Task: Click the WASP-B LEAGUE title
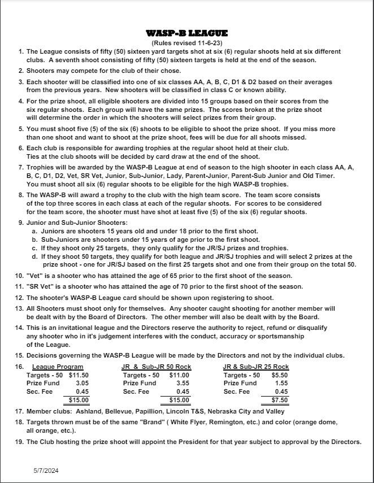pos(186,34)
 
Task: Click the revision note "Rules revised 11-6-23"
pos(186,43)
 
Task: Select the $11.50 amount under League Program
pos(79,375)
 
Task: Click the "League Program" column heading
pos(58,367)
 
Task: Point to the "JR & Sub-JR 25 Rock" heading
pos(256,367)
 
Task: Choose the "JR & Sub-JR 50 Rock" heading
pos(156,367)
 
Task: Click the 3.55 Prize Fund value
pos(182,383)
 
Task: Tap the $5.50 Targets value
pos(280,375)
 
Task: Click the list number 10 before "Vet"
pos(19,276)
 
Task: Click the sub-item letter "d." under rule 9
pos(35,256)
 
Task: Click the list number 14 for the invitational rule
pos(19,328)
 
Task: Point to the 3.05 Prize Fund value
pos(82,383)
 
